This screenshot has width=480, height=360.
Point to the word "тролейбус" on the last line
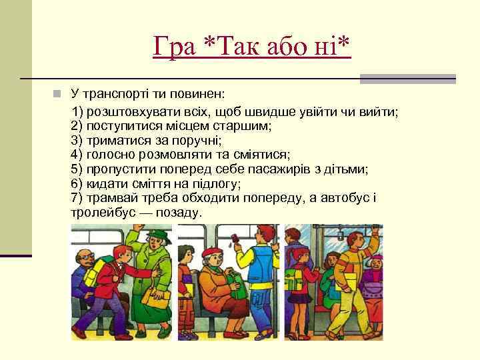(101, 213)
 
